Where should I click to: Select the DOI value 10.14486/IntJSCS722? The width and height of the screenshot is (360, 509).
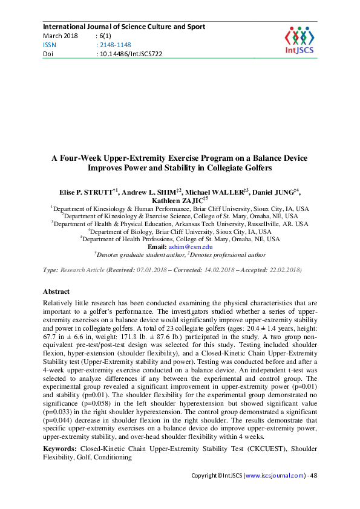pos(129,54)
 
